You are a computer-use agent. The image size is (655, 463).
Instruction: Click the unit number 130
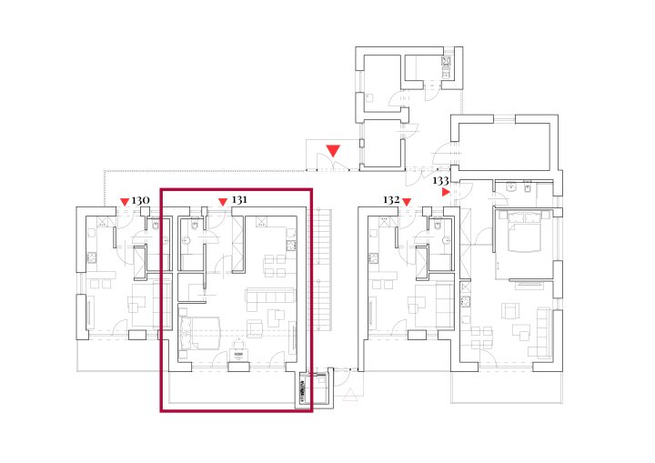pyautogui.click(x=140, y=201)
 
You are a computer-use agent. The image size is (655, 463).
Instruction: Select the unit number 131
pyautogui.click(x=239, y=200)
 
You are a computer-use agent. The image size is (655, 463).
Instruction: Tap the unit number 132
pyautogui.click(x=391, y=200)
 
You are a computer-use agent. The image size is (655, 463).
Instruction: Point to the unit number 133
pyautogui.click(x=440, y=180)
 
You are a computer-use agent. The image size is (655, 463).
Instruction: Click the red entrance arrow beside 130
pyautogui.click(x=125, y=202)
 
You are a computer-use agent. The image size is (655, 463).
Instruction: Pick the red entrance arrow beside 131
pyautogui.click(x=223, y=202)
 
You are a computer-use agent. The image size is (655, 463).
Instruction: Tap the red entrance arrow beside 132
pyautogui.click(x=407, y=202)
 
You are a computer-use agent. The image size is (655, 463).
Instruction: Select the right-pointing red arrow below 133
pyautogui.click(x=446, y=192)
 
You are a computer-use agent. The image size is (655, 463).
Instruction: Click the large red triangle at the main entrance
pyautogui.click(x=333, y=150)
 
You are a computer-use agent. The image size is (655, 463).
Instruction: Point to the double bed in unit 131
pyautogui.click(x=199, y=333)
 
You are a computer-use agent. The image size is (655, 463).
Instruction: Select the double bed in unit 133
pyautogui.click(x=524, y=231)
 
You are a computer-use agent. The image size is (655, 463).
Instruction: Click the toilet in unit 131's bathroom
pyautogui.click(x=195, y=226)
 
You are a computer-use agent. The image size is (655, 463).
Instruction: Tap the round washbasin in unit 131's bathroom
pyautogui.click(x=186, y=241)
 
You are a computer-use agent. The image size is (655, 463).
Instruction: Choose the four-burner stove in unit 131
pyautogui.click(x=291, y=246)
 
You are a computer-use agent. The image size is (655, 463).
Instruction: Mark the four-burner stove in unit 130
pyautogui.click(x=92, y=257)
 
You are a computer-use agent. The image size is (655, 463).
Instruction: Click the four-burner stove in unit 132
pyautogui.click(x=373, y=257)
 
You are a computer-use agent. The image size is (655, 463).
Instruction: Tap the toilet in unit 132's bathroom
pyautogui.click(x=438, y=226)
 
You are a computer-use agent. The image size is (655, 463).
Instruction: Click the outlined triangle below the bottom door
pyautogui.click(x=350, y=394)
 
